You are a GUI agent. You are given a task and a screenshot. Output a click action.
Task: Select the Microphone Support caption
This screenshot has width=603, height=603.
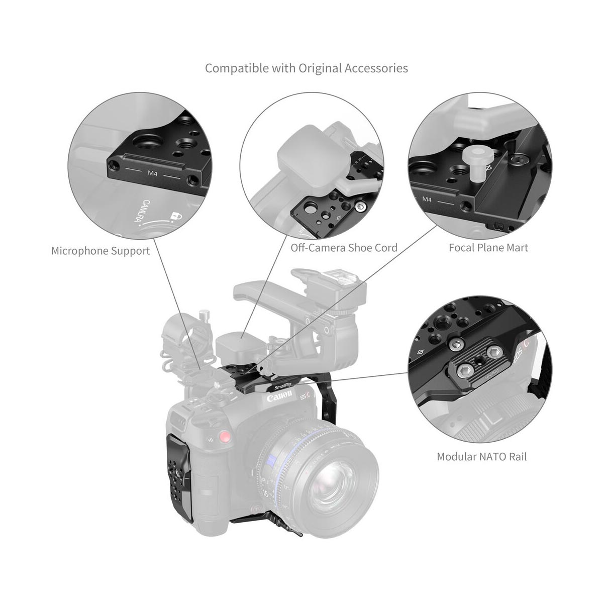click(x=100, y=251)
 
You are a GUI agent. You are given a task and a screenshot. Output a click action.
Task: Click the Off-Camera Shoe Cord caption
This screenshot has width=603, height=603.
click(x=344, y=248)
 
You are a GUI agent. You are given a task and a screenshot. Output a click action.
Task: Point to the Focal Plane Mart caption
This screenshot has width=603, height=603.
click(x=488, y=248)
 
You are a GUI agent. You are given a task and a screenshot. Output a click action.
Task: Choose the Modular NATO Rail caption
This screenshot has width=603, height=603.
click(x=481, y=457)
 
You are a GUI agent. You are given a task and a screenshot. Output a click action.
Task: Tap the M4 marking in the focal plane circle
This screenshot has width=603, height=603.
click(x=427, y=199)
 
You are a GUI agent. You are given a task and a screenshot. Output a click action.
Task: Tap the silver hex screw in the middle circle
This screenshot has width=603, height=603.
click(x=358, y=207)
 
